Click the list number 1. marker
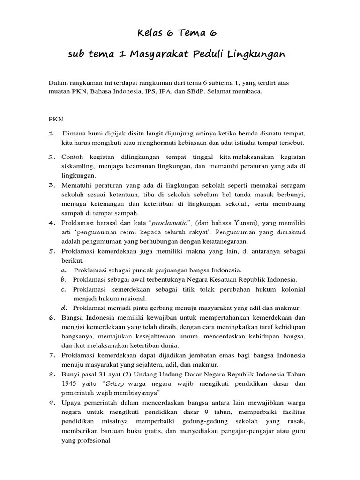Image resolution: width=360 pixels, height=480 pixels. [52, 134]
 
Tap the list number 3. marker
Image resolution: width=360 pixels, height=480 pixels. [52, 185]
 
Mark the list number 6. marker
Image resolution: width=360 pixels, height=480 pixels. [52, 317]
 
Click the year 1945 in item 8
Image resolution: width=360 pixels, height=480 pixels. [69, 383]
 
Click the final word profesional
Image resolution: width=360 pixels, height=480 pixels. [94, 441]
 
